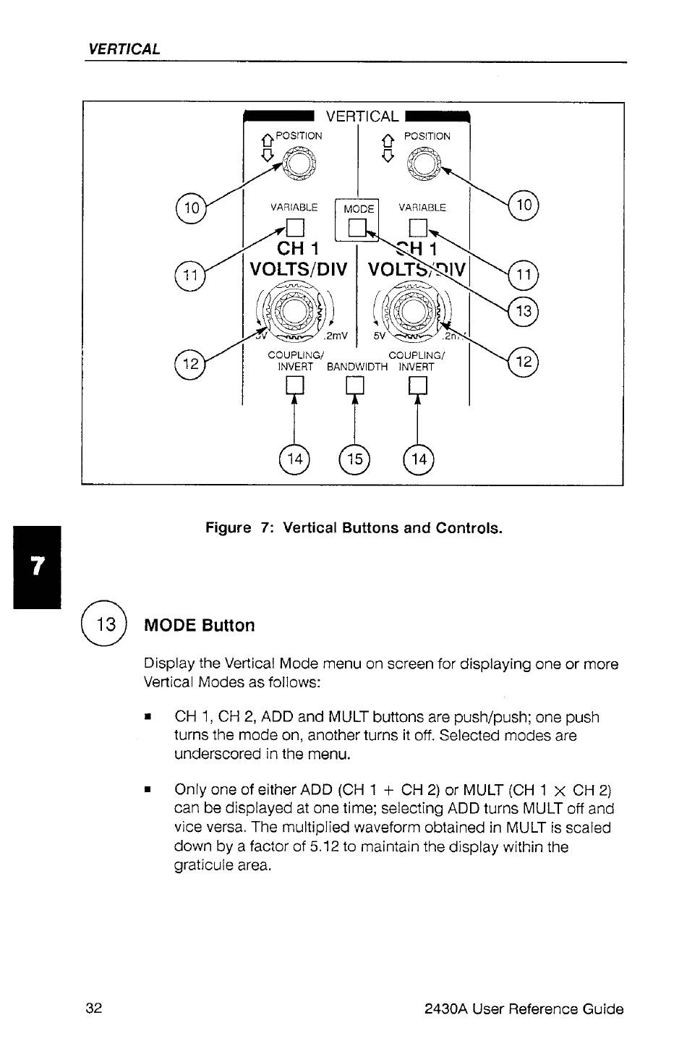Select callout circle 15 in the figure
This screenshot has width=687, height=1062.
coord(354,459)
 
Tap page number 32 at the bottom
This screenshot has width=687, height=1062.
coord(93,1008)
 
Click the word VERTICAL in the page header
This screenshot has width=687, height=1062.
coord(124,49)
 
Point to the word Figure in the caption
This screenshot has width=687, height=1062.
coord(228,527)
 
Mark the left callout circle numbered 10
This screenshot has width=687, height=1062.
coord(191,208)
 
